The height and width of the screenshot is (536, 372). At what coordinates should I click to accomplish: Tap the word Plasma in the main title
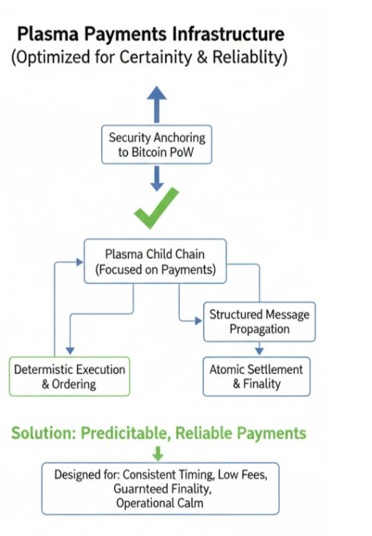(48, 34)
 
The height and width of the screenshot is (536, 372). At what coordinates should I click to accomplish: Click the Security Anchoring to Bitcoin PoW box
(156, 145)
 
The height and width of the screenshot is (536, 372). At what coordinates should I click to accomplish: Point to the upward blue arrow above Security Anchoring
(156, 104)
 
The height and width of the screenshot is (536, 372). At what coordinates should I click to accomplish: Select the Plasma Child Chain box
(155, 262)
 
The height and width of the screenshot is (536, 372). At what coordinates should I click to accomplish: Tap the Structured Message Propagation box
(259, 322)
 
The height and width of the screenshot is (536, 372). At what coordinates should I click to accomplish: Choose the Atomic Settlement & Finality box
(256, 377)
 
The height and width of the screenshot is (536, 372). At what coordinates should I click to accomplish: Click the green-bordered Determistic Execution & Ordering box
(69, 377)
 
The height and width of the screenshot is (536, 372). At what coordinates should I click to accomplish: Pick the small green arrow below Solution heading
(158, 453)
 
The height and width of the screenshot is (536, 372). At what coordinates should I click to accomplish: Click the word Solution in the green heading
(43, 433)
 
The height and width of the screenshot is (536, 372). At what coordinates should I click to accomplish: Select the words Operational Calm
(160, 503)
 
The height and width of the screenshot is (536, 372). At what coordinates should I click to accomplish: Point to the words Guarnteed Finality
(162, 489)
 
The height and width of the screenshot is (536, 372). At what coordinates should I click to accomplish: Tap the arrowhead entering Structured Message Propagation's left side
(198, 321)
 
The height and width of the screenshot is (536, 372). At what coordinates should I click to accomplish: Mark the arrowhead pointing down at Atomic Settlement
(259, 351)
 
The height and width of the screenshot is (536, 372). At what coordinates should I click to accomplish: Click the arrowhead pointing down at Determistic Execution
(70, 350)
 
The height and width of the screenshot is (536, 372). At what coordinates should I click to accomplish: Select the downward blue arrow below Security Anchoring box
(156, 179)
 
